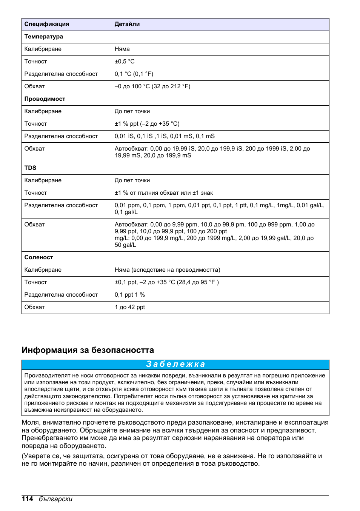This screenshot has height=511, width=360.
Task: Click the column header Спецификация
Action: (47, 24)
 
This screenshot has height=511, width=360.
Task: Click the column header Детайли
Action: (127, 24)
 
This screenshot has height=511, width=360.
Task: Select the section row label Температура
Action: (44, 37)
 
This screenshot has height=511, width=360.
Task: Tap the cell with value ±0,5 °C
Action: (125, 62)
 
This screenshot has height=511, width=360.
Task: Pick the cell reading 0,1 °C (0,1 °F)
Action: (134, 74)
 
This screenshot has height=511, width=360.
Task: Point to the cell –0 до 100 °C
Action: (152, 86)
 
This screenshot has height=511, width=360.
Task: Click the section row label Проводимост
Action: (45, 99)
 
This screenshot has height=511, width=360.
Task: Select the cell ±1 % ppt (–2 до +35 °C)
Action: (147, 124)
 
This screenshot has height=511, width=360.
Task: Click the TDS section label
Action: (31, 168)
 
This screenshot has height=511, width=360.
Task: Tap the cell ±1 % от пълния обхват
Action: (164, 193)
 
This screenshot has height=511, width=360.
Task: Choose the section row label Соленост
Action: (39, 257)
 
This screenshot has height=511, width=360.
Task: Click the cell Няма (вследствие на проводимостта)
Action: (168, 270)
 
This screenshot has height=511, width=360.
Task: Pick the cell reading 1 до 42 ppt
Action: (130, 307)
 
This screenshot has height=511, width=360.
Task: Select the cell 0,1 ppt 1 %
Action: (130, 295)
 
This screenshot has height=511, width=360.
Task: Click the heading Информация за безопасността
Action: (88, 350)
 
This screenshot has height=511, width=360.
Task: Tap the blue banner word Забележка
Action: (175, 364)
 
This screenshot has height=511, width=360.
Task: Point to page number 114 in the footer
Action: (28, 499)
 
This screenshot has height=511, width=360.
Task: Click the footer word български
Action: (55, 499)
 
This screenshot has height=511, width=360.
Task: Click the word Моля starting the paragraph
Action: (31, 422)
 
